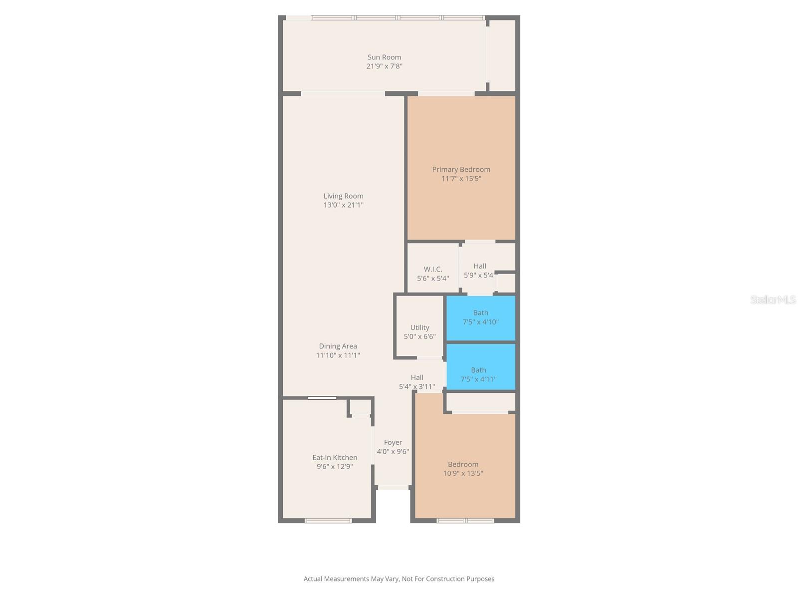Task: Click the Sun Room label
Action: pos(384,57)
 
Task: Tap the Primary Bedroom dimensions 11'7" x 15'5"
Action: pos(461,179)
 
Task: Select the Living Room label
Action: pos(343,196)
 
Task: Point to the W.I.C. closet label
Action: pos(433,269)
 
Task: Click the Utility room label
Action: pos(419,327)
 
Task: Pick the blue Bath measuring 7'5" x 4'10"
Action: pos(480,317)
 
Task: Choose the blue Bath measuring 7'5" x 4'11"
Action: pos(478,374)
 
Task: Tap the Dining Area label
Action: pos(338,346)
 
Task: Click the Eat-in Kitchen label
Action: pos(335,457)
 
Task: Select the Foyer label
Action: pos(393,442)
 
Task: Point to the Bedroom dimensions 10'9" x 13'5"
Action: pos(463,473)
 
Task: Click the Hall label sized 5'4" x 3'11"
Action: pos(417,377)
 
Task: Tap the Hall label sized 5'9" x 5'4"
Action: pos(480,266)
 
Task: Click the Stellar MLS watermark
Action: pos(773,299)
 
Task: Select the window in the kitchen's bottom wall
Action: pos(328,521)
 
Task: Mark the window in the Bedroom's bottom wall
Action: pos(465,521)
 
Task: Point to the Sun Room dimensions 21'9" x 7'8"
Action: pos(384,66)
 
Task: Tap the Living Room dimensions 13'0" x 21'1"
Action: pos(343,205)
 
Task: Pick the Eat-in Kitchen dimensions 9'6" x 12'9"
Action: pos(335,467)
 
